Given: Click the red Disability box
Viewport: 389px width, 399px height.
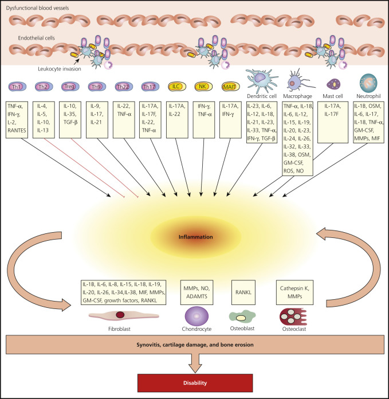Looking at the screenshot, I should pos(195,382).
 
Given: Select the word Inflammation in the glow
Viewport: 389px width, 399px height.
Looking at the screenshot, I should pos(195,236).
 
